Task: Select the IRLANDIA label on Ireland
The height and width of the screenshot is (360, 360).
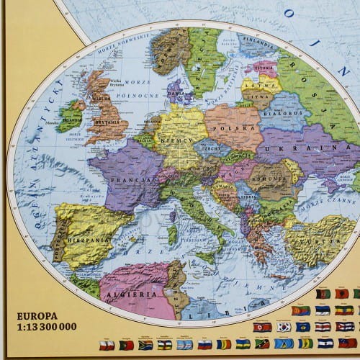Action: point(71,113)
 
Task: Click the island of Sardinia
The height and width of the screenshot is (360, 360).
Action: point(172,234)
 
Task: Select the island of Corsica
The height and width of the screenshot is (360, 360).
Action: point(173,213)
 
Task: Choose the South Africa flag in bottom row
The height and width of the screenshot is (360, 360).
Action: point(145,345)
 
